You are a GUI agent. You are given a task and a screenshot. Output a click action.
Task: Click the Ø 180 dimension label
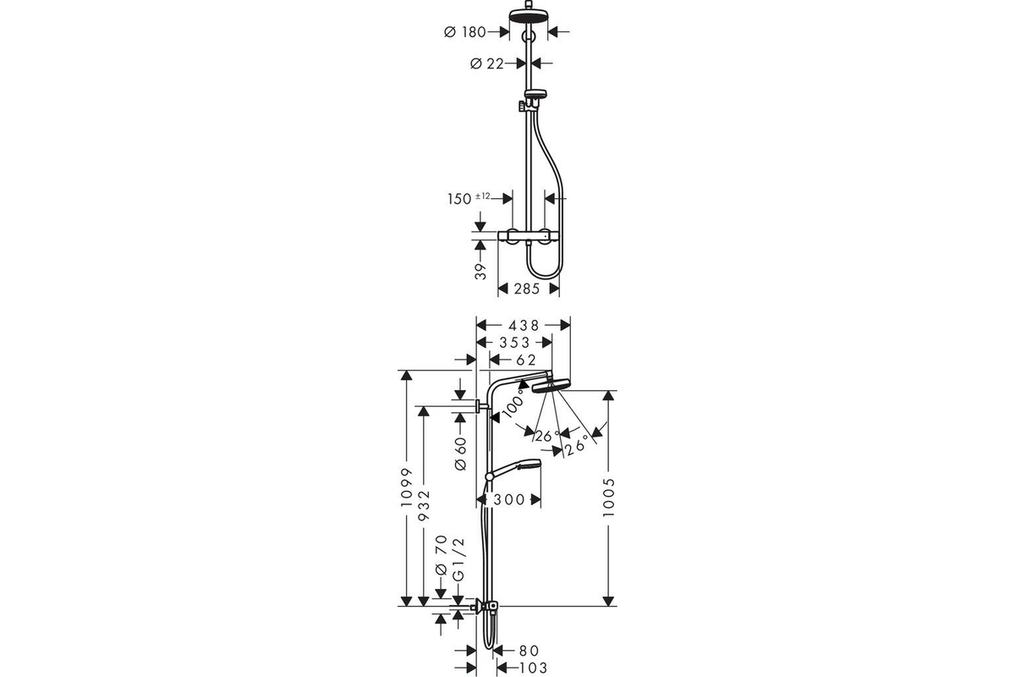click(465, 32)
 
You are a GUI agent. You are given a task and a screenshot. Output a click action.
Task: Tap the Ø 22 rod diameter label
click(487, 64)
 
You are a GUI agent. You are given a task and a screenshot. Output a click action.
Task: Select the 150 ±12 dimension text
click(469, 198)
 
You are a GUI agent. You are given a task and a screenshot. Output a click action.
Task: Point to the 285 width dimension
click(527, 289)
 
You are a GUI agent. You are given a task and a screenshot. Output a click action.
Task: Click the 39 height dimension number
click(480, 271)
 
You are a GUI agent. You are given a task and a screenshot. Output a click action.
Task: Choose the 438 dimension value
click(524, 326)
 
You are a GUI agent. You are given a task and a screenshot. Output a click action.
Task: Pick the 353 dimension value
click(515, 343)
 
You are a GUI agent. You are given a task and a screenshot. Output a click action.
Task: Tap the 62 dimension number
click(526, 360)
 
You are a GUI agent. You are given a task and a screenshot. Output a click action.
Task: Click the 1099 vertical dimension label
click(407, 487)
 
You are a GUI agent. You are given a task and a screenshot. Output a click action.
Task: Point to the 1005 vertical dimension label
click(609, 497)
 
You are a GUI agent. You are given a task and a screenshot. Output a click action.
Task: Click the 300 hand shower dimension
click(509, 499)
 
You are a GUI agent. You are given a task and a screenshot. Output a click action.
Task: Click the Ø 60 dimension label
click(460, 454)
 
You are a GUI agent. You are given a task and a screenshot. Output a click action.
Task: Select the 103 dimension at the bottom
click(533, 668)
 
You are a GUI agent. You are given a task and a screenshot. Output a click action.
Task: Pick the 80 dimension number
click(529, 651)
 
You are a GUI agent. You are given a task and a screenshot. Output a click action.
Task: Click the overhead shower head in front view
click(529, 15)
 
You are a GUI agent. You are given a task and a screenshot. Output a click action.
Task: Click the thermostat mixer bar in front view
click(529, 236)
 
